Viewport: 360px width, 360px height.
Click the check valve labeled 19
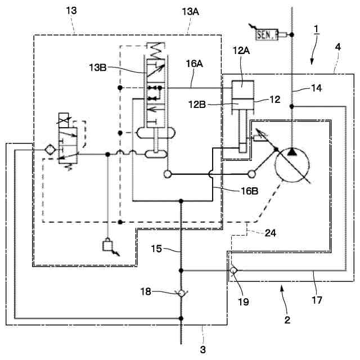[232, 271]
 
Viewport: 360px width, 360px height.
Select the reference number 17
[317, 300]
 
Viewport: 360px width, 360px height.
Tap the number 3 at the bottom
[202, 349]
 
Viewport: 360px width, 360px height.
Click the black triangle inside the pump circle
[292, 152]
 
